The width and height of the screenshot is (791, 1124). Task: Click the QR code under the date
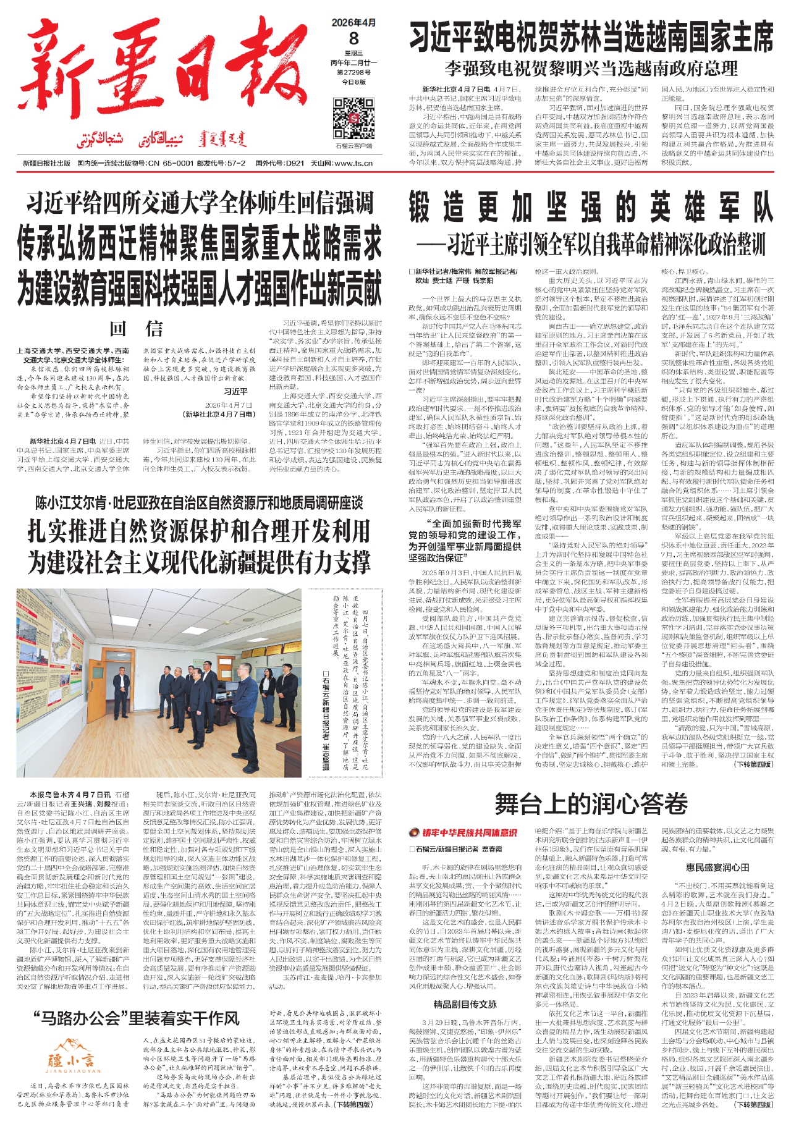353,118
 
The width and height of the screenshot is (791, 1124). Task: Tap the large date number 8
353,38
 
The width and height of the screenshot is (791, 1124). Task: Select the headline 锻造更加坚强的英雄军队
590,207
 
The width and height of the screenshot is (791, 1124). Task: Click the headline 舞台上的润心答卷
591,804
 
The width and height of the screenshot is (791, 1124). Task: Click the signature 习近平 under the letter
235,391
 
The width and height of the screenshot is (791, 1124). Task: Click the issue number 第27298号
353,72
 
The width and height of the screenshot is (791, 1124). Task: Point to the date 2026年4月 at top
353,23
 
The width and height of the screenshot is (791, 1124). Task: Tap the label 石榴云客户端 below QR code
353,146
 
